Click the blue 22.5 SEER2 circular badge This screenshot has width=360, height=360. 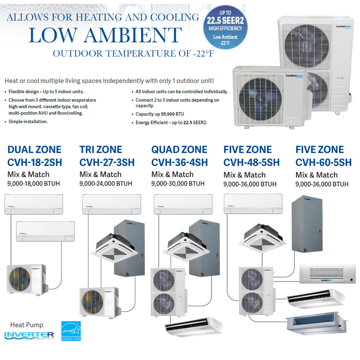(225, 27)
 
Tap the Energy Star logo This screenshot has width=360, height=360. (71, 331)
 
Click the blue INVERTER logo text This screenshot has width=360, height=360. (29, 335)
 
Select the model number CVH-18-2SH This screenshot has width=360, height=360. (34, 163)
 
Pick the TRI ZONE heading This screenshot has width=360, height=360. (101, 149)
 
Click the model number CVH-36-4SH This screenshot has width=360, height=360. (179, 163)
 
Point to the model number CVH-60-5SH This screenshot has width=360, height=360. (323, 163)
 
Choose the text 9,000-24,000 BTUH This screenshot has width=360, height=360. (106, 184)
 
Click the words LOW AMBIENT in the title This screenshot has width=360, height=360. (105, 35)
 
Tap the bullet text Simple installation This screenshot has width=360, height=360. (28, 121)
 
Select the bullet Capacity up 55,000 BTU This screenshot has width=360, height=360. (160, 114)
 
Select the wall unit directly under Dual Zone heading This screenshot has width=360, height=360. (34, 204)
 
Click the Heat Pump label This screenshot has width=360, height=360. (27, 325)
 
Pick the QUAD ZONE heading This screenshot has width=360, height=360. (179, 149)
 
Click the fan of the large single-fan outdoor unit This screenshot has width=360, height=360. (260, 97)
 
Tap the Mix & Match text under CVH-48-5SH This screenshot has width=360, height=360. (244, 175)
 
